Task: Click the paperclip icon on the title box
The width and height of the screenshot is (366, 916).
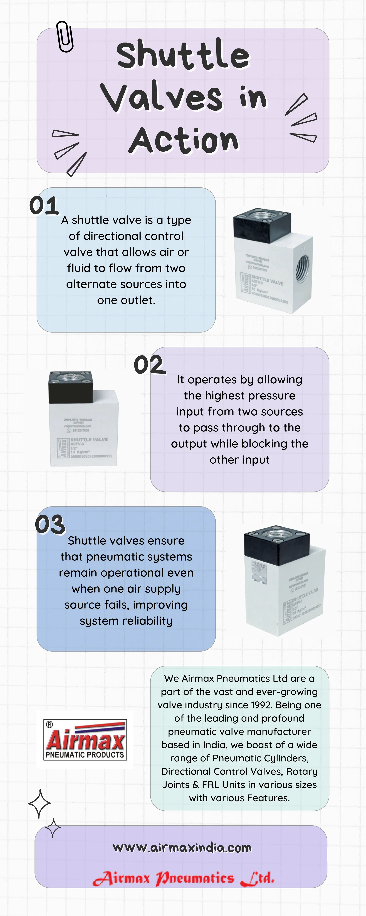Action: pyautogui.click(x=65, y=37)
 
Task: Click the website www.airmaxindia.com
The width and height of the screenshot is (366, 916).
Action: pyautogui.click(x=182, y=848)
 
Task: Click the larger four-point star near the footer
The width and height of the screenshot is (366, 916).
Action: pyautogui.click(x=39, y=804)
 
